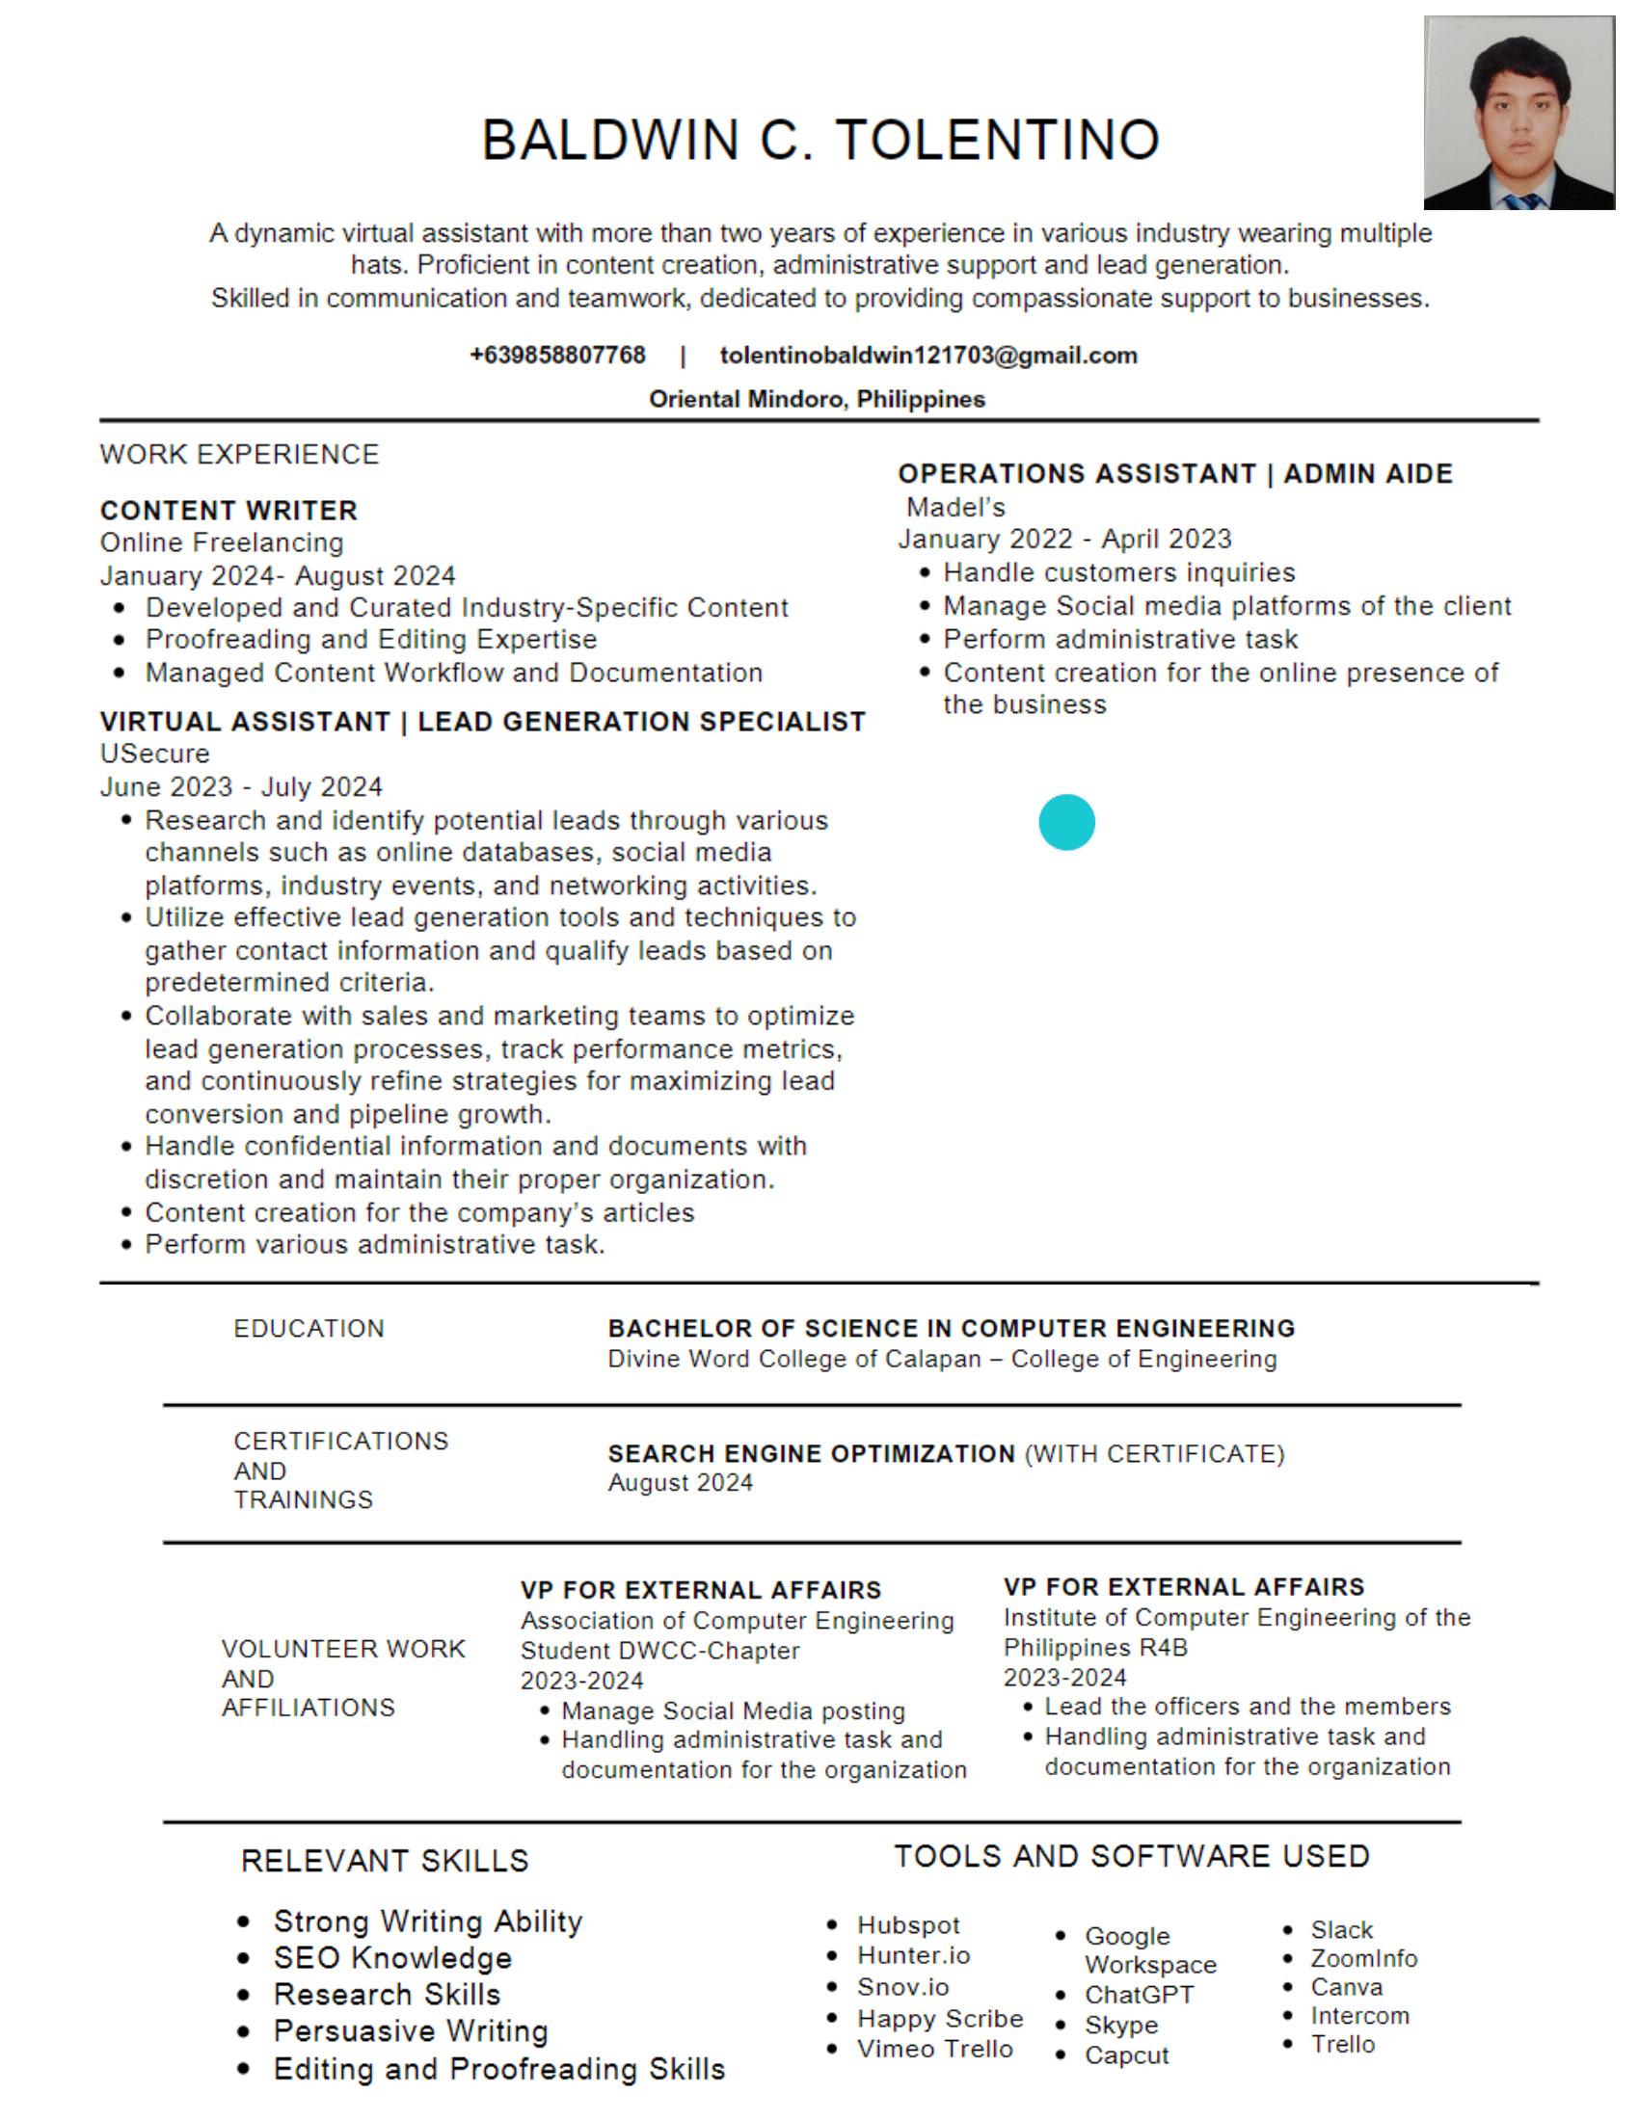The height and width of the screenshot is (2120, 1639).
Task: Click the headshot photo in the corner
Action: click(1518, 113)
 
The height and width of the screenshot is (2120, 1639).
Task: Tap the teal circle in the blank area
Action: click(1066, 822)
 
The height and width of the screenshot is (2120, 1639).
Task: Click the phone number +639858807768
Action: click(557, 356)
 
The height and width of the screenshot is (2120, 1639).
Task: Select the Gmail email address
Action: click(928, 356)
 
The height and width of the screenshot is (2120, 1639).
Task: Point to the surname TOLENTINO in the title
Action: click(997, 140)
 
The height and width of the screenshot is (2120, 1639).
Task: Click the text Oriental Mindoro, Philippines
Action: click(817, 399)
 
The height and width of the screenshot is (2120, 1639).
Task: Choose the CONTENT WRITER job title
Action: click(228, 511)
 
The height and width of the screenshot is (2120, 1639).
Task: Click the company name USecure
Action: click(154, 754)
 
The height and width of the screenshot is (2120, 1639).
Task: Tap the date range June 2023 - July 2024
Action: click(241, 786)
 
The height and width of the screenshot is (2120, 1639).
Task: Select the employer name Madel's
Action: click(955, 507)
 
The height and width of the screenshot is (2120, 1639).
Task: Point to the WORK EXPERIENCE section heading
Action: click(239, 454)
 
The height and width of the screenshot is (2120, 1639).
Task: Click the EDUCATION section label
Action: click(309, 1328)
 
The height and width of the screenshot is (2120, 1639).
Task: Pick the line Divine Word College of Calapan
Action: click(942, 1359)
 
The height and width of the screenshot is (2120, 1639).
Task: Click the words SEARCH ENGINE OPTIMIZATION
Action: click(812, 1453)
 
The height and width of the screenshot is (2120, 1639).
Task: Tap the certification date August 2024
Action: click(680, 1482)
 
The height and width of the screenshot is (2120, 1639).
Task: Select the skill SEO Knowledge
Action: click(392, 1958)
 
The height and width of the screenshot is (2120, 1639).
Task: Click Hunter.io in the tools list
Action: click(913, 1955)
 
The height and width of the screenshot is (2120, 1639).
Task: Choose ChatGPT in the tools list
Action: click(1139, 1995)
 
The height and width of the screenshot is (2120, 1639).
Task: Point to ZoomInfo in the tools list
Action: click(1363, 1959)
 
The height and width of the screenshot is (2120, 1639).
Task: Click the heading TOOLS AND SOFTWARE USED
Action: click(1131, 1856)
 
